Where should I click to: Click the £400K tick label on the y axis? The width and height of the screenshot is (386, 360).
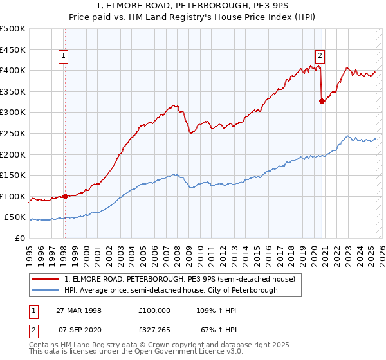[x=13, y=70]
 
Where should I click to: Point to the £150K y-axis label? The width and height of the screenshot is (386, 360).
[x=13, y=175]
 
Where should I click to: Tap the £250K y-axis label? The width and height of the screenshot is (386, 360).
[x=13, y=133]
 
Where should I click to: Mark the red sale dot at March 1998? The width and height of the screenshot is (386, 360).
[x=66, y=196]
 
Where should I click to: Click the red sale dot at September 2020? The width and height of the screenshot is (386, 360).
[x=322, y=100]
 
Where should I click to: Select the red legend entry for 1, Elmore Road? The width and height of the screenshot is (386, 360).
[x=179, y=279]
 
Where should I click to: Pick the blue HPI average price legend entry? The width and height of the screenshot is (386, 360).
[x=170, y=291]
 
